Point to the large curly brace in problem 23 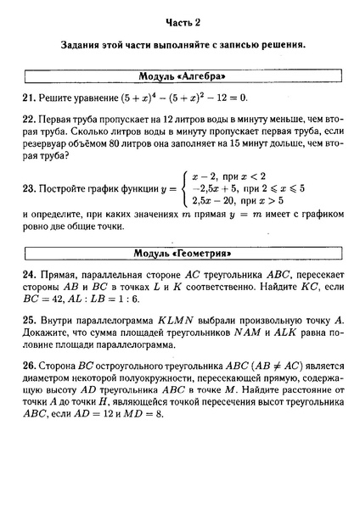pos(183,189)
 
